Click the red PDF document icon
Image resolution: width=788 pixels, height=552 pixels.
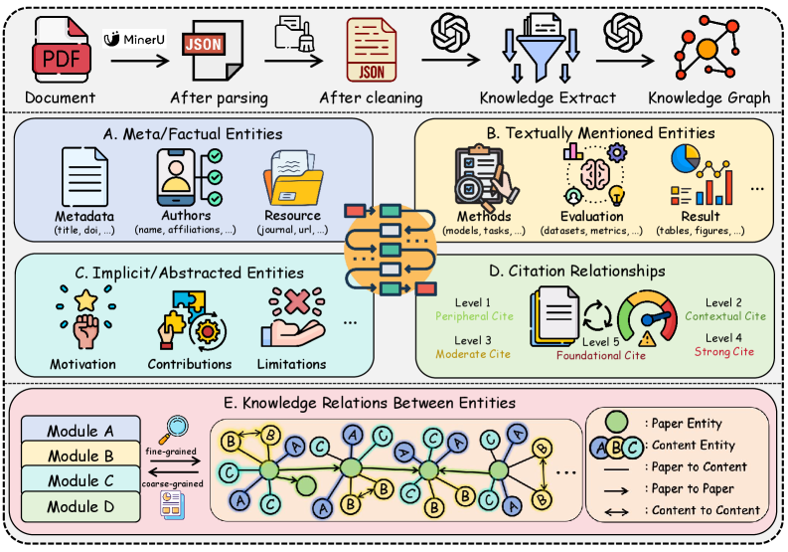62,50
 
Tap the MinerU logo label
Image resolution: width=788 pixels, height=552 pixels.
134,39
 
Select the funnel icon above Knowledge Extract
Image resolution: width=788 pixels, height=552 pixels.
541,48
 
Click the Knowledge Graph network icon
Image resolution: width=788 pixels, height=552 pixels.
708,48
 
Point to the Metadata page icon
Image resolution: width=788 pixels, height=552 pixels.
83,177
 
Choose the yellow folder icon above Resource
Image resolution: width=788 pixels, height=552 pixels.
293,177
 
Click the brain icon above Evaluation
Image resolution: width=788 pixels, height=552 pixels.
595,174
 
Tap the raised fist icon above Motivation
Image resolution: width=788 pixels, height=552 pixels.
85,318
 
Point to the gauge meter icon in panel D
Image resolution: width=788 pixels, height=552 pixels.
647,317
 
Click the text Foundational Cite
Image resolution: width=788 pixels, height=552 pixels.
600,355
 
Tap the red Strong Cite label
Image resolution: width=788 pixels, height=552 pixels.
724,351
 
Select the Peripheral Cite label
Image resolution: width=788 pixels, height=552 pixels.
474,316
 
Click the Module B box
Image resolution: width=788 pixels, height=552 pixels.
80,454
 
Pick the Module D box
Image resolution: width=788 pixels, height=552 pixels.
80,506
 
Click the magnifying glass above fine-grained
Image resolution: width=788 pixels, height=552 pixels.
174,429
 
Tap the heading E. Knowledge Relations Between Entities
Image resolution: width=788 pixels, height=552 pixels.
370,403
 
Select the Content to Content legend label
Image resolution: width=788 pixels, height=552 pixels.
706,510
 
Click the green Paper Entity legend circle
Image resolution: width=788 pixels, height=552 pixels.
616,422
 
